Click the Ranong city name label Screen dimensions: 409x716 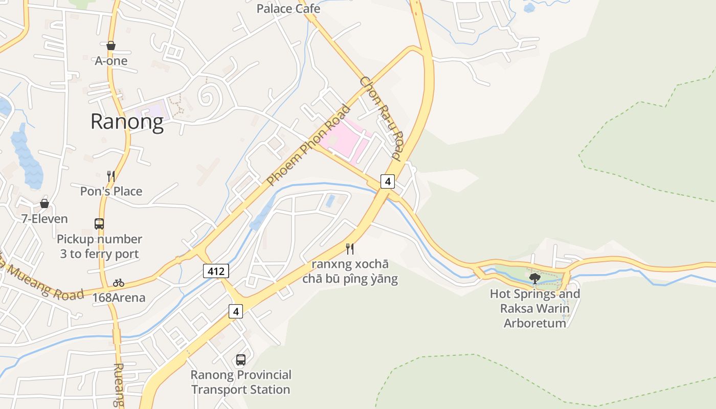(x=127, y=122)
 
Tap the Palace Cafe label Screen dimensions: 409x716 (x=288, y=9)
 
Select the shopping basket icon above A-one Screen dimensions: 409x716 (x=111, y=46)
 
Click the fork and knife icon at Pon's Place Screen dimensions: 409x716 (x=111, y=176)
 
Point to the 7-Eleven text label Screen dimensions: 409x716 (x=44, y=219)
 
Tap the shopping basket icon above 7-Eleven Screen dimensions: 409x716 (x=44, y=203)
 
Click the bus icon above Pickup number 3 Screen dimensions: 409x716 (x=99, y=223)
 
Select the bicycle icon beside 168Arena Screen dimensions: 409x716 (x=119, y=283)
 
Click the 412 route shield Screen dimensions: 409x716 (x=216, y=271)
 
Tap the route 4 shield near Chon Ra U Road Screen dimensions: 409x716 (x=388, y=181)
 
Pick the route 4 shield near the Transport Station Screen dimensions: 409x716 (x=235, y=311)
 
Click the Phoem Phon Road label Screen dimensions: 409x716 (x=309, y=145)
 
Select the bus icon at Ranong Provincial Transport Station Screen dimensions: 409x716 (x=241, y=359)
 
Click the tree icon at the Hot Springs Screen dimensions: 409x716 (x=535, y=278)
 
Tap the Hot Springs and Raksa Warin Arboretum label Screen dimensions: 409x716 (x=535, y=308)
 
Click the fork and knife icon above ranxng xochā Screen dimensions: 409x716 (x=350, y=249)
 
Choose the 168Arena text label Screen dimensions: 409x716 (x=119, y=298)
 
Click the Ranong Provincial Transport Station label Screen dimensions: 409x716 (x=241, y=382)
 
